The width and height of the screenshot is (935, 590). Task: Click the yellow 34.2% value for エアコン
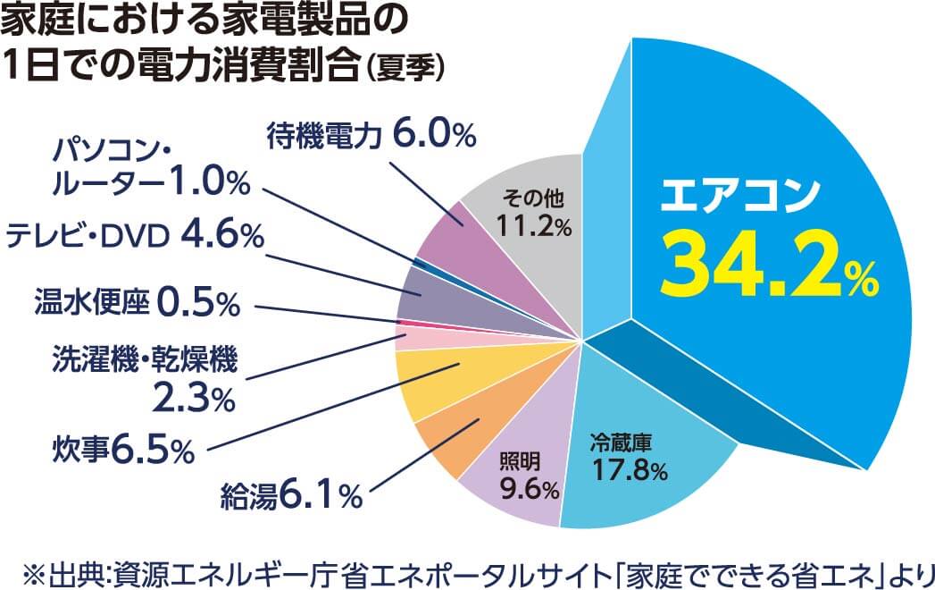point(768,266)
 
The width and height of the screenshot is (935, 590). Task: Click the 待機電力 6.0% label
point(371,137)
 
